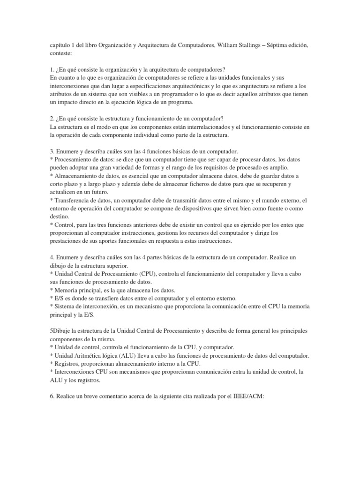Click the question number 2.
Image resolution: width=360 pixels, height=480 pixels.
click(x=52, y=119)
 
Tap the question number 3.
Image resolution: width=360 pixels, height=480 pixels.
click(x=52, y=152)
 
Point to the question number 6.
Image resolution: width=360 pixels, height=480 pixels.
click(x=52, y=397)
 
